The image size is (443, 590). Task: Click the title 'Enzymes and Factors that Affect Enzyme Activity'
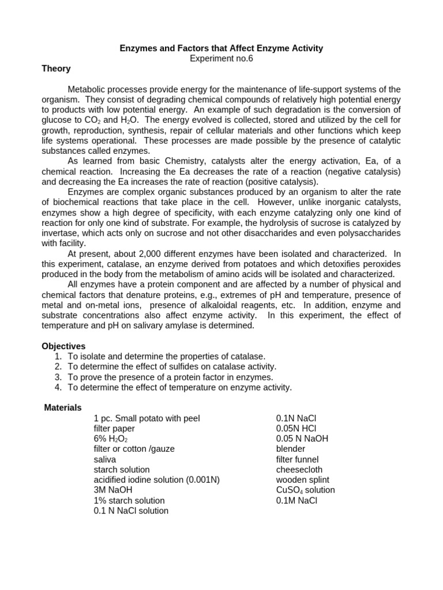(221, 48)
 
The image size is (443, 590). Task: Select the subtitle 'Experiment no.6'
(221, 58)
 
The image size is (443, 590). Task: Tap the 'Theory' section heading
(56, 69)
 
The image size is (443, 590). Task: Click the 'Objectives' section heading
(63, 346)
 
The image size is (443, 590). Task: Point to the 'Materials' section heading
(63, 407)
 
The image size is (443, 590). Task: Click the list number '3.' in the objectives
(58, 377)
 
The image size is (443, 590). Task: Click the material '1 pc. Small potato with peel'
(147, 418)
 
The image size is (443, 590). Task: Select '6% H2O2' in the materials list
(111, 439)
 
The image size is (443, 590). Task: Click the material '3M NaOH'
(113, 490)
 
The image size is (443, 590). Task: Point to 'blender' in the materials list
(291, 449)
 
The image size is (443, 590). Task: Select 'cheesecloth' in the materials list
(298, 470)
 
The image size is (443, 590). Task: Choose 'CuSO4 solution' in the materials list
(305, 490)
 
